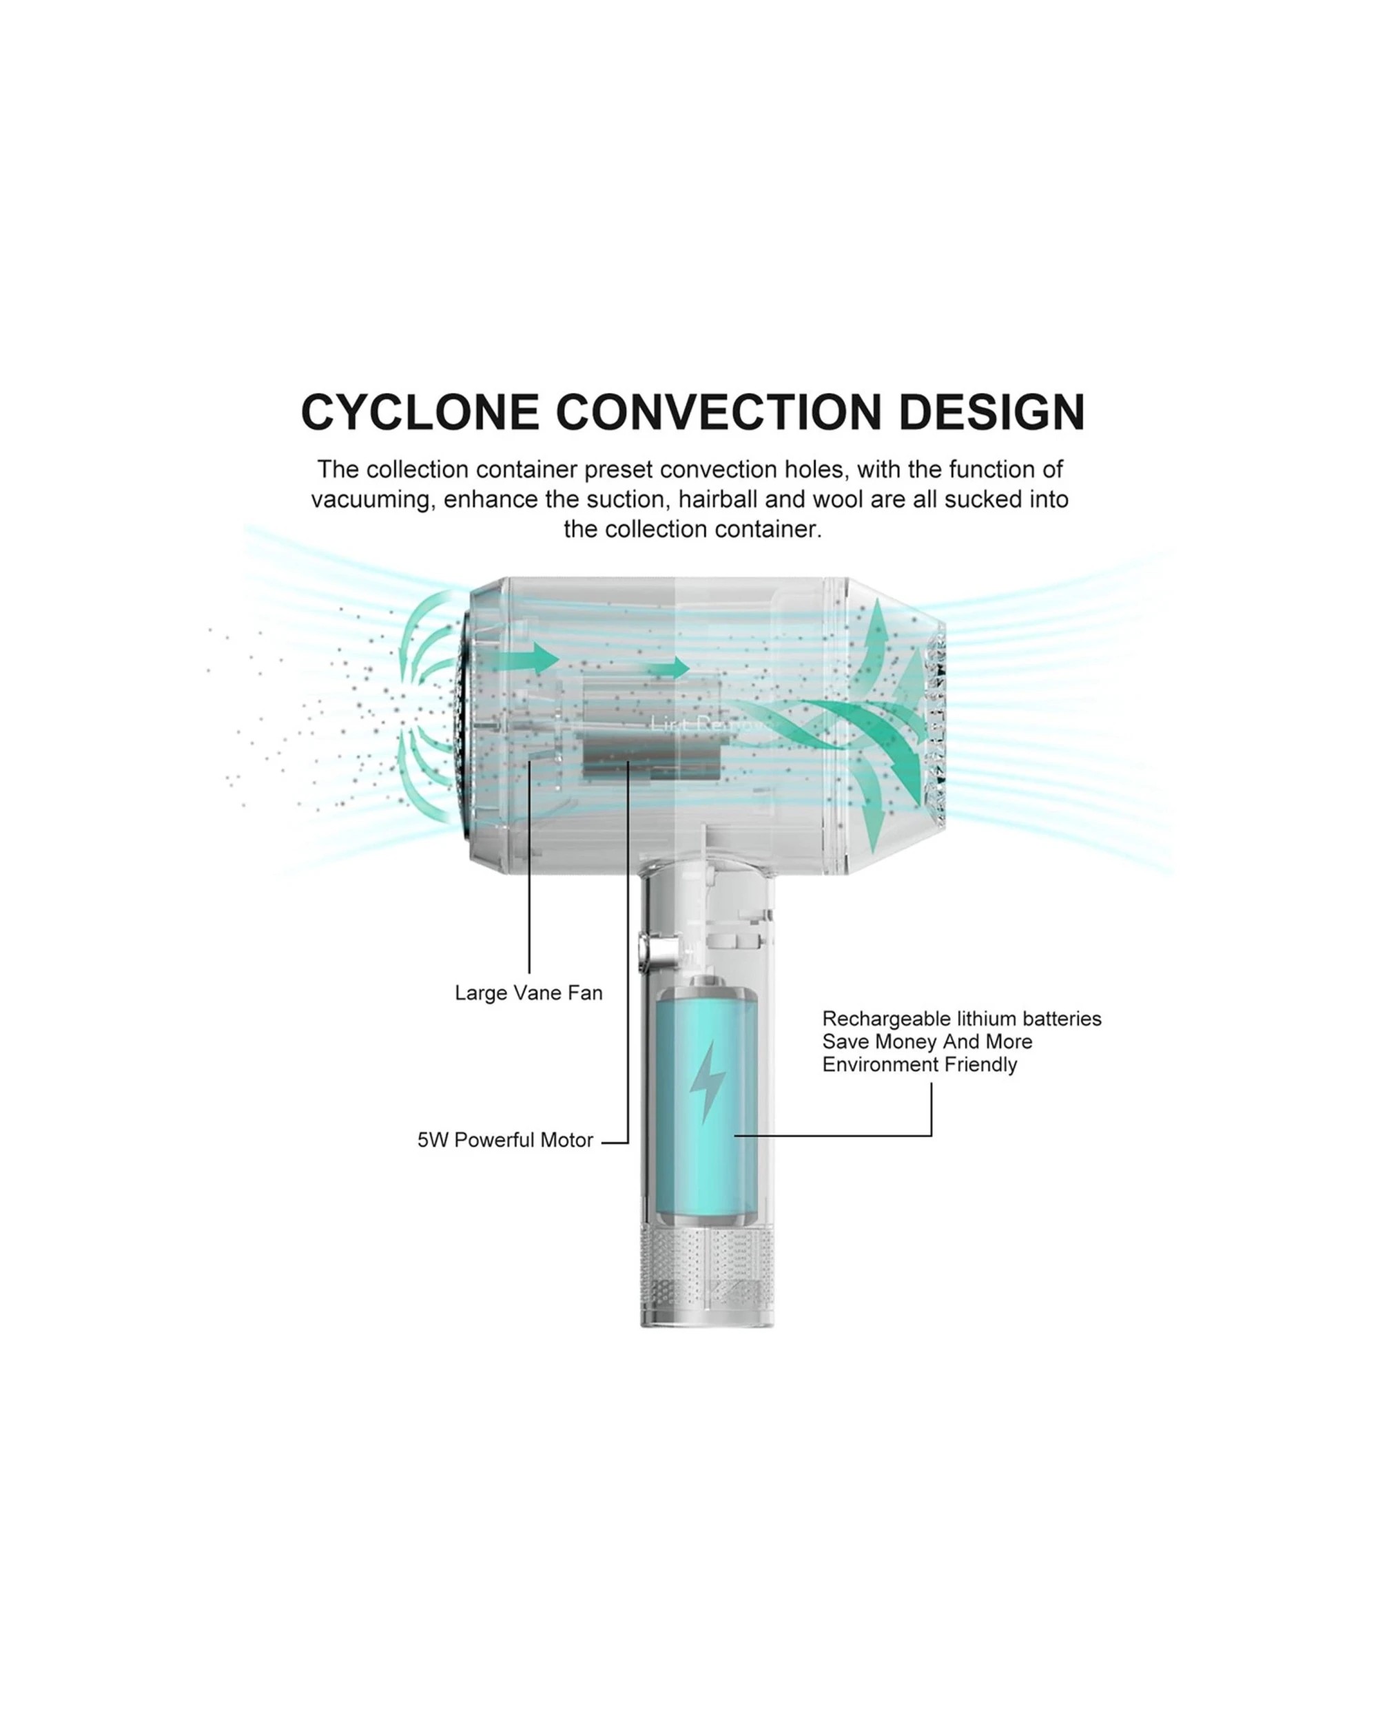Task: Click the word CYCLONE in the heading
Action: point(420,413)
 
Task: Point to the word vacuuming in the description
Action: point(373,500)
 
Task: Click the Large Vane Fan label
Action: point(529,993)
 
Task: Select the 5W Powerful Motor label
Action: point(505,1140)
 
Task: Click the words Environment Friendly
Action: point(919,1065)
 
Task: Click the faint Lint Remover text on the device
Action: point(713,725)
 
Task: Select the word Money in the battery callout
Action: point(907,1041)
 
